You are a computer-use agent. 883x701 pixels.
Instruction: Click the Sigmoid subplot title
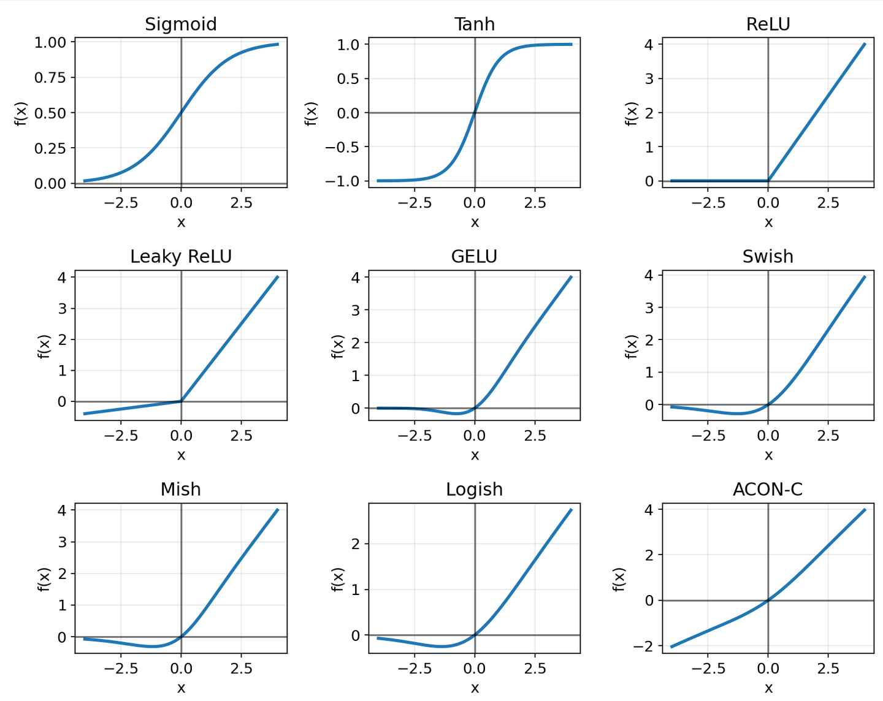[181, 25]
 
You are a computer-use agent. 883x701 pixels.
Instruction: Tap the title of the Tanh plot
[474, 25]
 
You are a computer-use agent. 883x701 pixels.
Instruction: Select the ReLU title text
[768, 25]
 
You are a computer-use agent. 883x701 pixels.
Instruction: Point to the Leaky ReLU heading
[181, 257]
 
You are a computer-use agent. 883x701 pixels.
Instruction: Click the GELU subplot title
[474, 257]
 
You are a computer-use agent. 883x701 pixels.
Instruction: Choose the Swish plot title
[768, 257]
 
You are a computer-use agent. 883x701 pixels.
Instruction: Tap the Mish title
[181, 490]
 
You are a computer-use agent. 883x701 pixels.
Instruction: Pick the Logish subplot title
[474, 490]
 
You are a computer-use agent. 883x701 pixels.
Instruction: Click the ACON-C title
[768, 490]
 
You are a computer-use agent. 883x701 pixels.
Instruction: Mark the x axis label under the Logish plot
[475, 688]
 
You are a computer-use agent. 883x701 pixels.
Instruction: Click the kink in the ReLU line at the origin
[768, 181]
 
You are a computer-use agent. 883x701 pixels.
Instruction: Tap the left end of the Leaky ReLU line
[84, 414]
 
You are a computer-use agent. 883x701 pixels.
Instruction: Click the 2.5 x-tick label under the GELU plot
[535, 436]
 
